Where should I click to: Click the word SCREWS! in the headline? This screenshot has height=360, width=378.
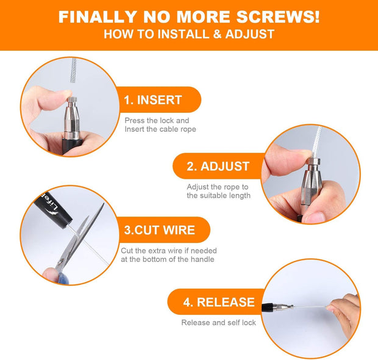(272, 17)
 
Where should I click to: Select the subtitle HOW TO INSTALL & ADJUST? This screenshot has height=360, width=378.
(189, 34)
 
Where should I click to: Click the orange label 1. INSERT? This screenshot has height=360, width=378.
(153, 100)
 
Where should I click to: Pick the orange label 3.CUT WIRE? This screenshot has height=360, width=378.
(160, 230)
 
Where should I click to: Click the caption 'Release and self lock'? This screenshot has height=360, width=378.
(218, 322)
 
